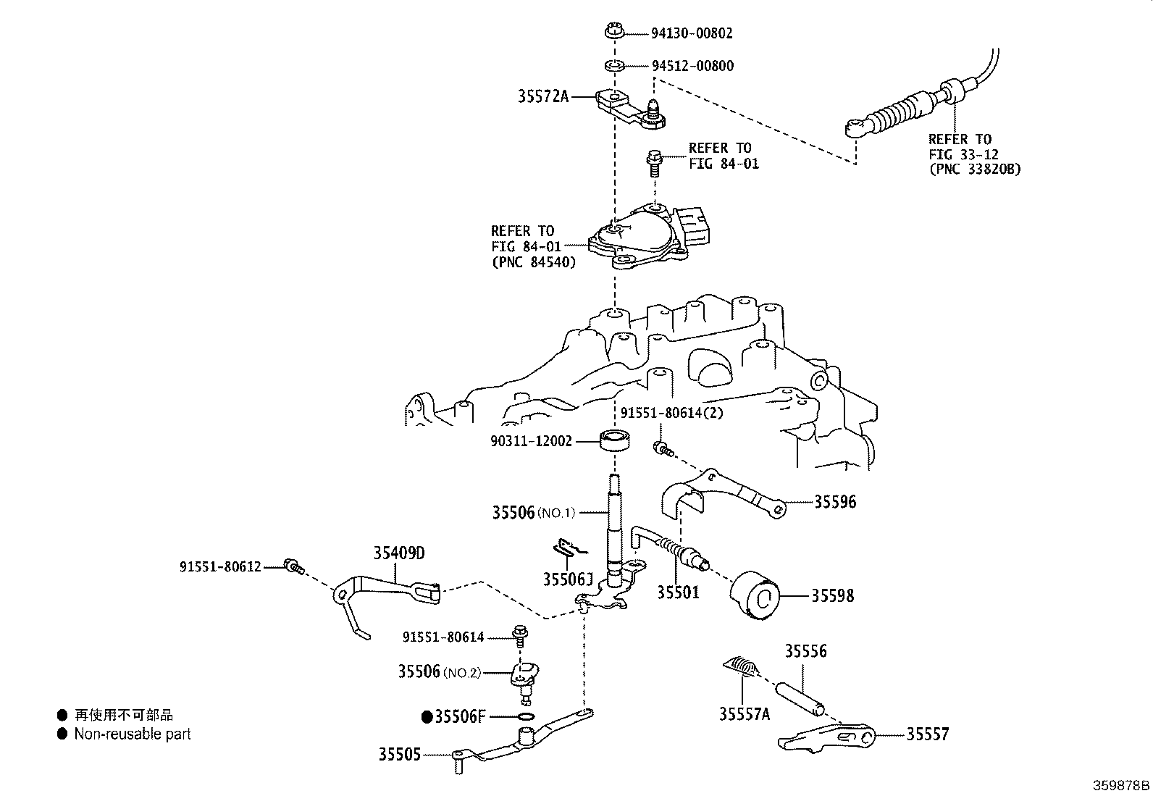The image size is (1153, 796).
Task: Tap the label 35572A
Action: [543, 96]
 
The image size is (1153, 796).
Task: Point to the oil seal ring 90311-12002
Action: [615, 440]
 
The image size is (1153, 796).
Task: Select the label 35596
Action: [835, 501]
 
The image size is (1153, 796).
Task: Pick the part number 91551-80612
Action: [220, 567]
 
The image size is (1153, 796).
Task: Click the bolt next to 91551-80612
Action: [293, 566]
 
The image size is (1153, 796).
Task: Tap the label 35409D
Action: [399, 553]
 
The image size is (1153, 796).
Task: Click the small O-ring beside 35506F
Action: [527, 717]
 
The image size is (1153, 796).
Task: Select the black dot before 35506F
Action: [427, 718]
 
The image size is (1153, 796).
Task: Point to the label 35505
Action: [398, 754]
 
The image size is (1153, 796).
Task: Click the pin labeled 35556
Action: [800, 691]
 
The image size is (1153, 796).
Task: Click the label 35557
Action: [928, 734]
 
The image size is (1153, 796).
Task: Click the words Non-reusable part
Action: [133, 734]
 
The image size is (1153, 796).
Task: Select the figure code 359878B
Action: [1121, 785]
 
